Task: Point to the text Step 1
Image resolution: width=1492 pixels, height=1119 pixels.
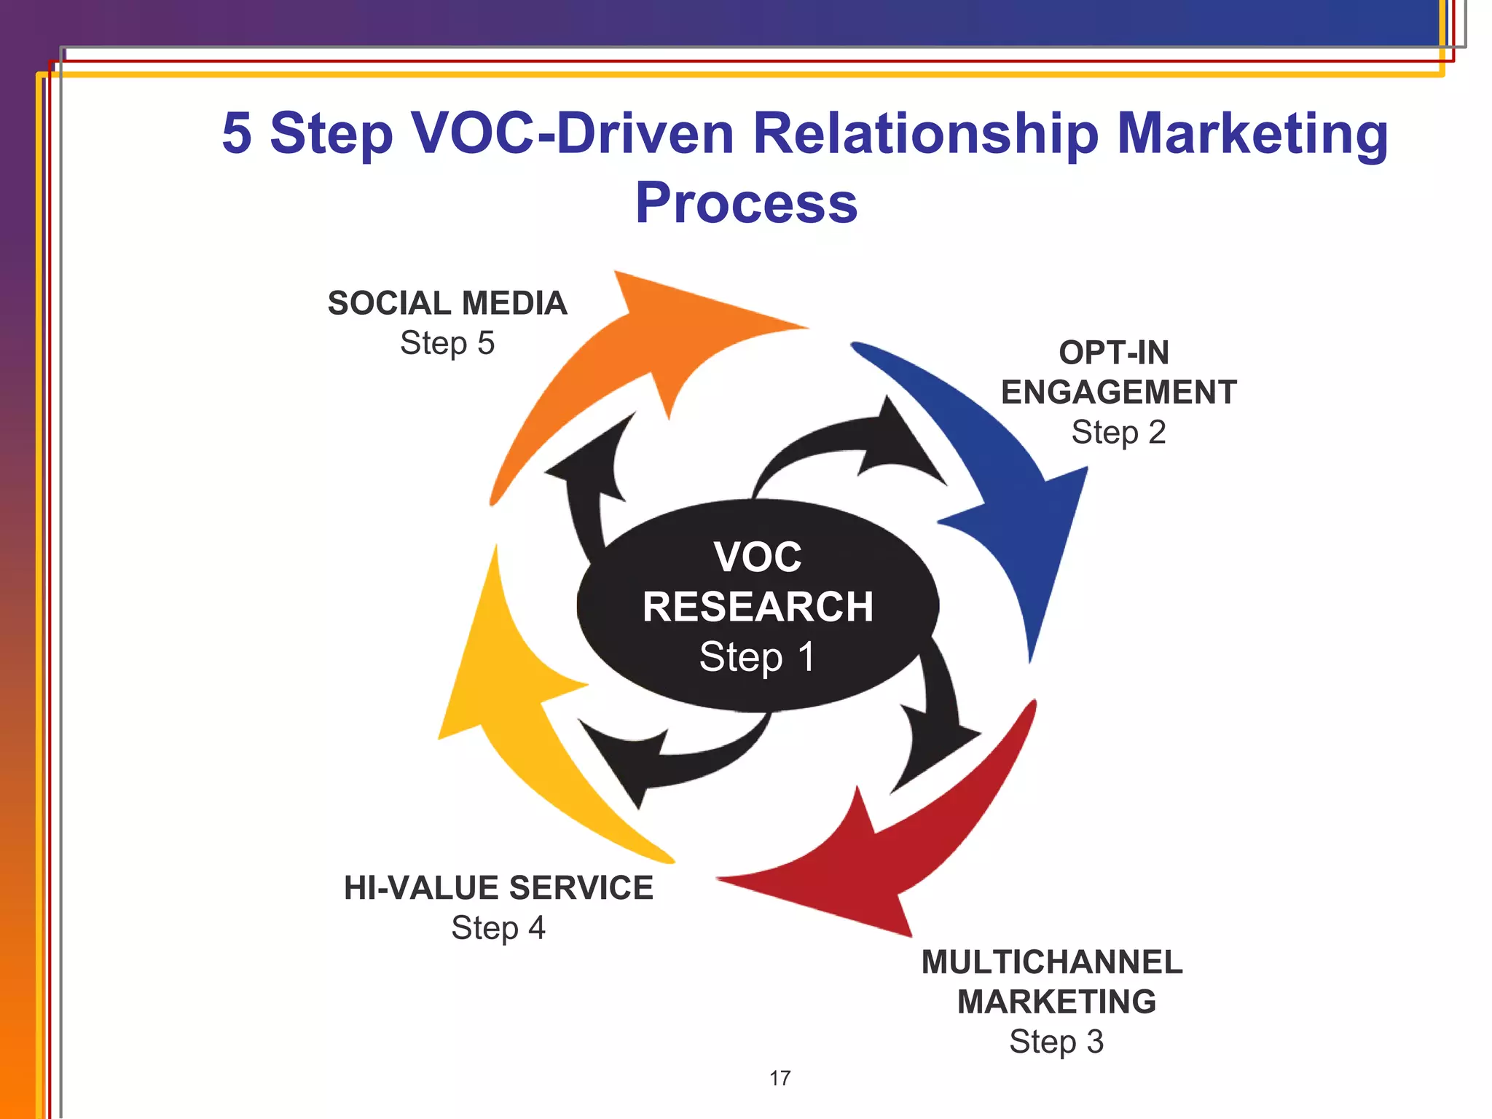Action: [x=758, y=657]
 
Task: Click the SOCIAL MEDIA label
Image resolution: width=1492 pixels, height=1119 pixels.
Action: [x=447, y=304]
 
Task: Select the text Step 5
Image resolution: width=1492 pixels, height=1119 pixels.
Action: [x=447, y=343]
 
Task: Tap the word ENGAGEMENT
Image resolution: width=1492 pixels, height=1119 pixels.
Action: [x=1118, y=393]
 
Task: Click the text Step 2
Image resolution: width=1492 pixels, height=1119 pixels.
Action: [x=1118, y=433]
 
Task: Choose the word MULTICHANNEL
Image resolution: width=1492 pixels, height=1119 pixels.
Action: [x=1052, y=962]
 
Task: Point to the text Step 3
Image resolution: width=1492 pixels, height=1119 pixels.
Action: [x=1056, y=1042]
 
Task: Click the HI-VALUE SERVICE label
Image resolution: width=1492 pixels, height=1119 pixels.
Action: [x=498, y=888]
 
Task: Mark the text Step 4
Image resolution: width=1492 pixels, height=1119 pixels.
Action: [x=498, y=928]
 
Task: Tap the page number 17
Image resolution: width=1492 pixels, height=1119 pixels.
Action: [x=780, y=1078]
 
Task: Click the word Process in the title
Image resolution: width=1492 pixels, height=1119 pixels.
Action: [x=746, y=203]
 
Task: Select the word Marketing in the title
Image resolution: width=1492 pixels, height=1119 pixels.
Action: [x=1252, y=134]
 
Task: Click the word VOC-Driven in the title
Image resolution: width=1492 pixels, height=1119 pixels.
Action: [x=573, y=134]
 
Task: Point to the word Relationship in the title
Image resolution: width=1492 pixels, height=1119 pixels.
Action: [x=925, y=134]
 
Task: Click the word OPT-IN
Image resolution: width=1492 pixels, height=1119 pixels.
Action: [x=1114, y=353]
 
